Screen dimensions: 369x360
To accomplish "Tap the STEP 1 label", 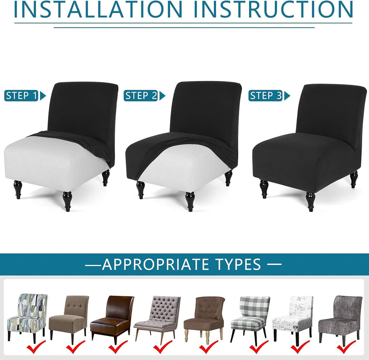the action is click(21, 95).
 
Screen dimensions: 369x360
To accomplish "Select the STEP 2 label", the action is click(141, 95).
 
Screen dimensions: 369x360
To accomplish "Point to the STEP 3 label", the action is click(266, 95).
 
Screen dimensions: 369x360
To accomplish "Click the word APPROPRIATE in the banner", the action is click(155, 264).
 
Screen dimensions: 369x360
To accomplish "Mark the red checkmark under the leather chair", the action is click(118, 347).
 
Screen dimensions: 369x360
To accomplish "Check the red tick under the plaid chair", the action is click(258, 347).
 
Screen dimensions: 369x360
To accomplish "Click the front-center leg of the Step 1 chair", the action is click(67, 201).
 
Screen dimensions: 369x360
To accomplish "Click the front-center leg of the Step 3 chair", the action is click(311, 201).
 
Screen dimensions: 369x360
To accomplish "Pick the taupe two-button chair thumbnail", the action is click(68, 317).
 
